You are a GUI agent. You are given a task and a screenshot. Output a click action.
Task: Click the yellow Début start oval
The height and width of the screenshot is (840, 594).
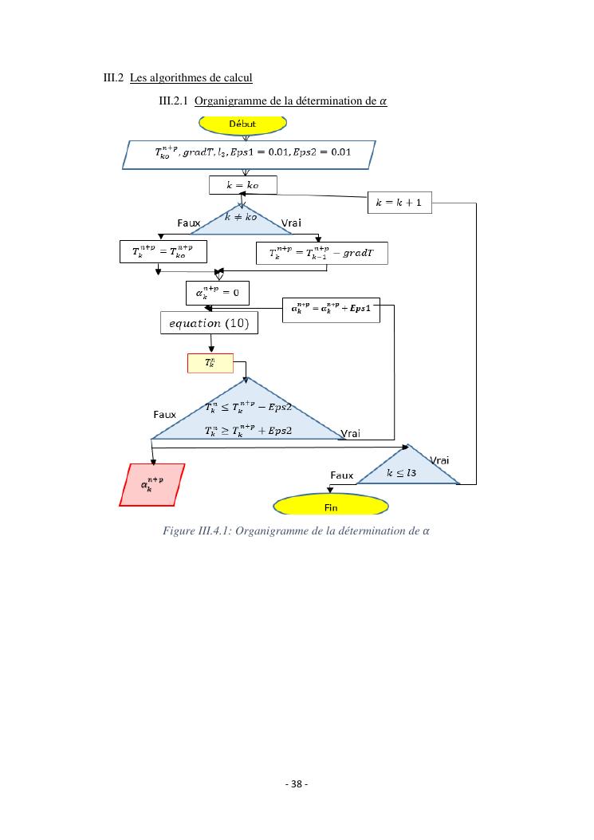coord(242,124)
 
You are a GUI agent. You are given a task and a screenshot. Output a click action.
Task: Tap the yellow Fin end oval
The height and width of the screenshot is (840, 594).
coord(331,506)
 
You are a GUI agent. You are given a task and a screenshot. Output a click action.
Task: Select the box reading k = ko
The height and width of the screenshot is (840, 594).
coord(243,185)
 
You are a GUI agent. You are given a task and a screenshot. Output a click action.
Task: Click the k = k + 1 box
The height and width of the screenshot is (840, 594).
coord(399,203)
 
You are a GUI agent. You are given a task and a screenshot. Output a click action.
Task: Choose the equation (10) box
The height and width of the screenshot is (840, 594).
coord(209,323)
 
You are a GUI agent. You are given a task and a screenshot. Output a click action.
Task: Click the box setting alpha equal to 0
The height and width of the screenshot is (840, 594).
coord(217,293)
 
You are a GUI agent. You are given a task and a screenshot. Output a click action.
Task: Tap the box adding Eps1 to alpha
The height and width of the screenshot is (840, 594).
coord(331,310)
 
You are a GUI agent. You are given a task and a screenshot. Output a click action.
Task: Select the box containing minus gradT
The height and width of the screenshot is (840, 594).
coord(321,253)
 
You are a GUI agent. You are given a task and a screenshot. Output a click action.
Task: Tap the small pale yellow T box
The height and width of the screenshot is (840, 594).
coord(210,363)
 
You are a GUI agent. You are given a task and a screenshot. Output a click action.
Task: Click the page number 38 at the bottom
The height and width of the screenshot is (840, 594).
coord(297,783)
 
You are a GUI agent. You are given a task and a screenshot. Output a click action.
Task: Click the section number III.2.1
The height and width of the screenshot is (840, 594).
coord(174,101)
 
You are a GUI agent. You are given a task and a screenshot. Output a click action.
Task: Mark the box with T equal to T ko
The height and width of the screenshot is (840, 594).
coord(163,252)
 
